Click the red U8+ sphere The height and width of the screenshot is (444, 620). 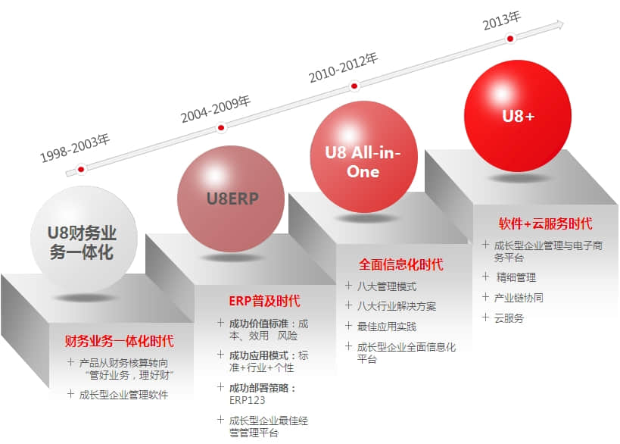pyautogui.click(x=518, y=116)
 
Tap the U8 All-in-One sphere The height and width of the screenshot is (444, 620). pyautogui.click(x=364, y=157)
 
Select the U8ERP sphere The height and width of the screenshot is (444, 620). pyautogui.click(x=231, y=199)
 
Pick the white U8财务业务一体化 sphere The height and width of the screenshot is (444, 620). pyautogui.click(x=84, y=239)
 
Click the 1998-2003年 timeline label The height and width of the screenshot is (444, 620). pyautogui.click(x=75, y=148)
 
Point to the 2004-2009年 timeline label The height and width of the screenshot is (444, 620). pyautogui.click(x=216, y=109)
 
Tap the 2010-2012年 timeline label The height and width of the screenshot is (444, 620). pyautogui.click(x=343, y=67)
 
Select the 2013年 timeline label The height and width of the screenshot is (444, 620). pyautogui.click(x=502, y=20)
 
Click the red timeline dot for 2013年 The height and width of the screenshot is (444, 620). pyautogui.click(x=510, y=39)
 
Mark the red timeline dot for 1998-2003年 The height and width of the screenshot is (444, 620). pyautogui.click(x=81, y=170)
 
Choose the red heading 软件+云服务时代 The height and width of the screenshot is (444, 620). pyautogui.click(x=545, y=224)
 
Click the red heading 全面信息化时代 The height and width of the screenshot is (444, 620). pyautogui.click(x=401, y=264)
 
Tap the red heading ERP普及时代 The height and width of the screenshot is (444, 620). pyautogui.click(x=264, y=301)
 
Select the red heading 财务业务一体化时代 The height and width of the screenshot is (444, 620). pyautogui.click(x=120, y=341)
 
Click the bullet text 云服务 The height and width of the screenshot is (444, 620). pyautogui.click(x=509, y=318)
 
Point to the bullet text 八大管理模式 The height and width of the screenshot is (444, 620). pyautogui.click(x=387, y=286)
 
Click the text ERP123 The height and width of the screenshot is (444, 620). pyautogui.click(x=247, y=400)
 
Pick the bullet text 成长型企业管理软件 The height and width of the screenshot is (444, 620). pyautogui.click(x=123, y=395)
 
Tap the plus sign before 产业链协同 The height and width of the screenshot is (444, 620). pyautogui.click(x=485, y=297)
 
